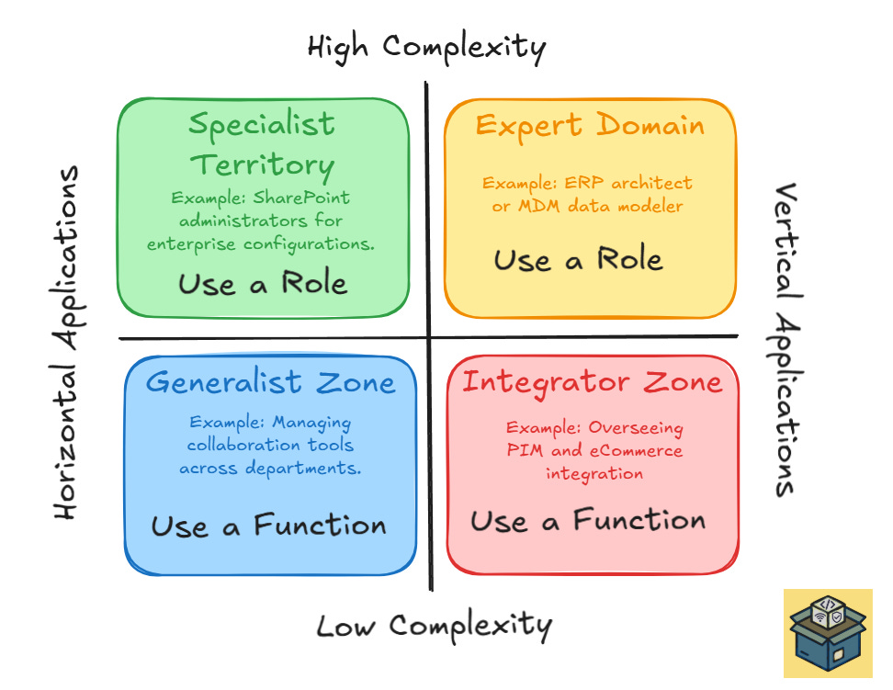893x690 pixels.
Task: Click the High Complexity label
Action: pos(426,46)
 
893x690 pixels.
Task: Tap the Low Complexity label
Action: pos(434,627)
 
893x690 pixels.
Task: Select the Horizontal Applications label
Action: pos(66,343)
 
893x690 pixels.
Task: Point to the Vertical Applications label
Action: pos(786,340)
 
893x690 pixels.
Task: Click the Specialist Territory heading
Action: pos(263,144)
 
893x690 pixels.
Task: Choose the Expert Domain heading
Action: pos(590,125)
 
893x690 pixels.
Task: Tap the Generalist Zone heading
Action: pos(270,381)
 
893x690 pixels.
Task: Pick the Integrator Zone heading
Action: pos(592,382)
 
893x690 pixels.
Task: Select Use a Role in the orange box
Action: pos(578,260)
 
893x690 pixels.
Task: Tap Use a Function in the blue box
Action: pos(268,526)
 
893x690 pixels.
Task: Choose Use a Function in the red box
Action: pos(588,522)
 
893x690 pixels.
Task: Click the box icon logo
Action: pos(827,633)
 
